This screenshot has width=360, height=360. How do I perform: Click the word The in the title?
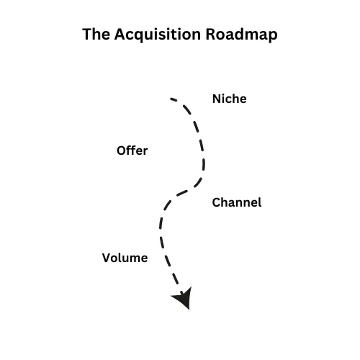tap(96, 34)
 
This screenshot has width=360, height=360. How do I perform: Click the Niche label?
tap(230, 99)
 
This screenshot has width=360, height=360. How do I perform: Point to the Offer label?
tap(132, 150)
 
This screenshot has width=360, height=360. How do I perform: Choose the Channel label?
tap(237, 202)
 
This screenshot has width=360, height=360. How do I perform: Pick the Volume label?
tap(125, 258)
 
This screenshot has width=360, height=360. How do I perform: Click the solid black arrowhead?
tap(183, 297)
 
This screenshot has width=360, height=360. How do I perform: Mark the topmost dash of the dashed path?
tap(174, 99)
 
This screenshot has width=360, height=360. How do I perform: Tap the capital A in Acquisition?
tap(120, 34)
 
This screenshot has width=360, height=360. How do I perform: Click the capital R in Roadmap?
tap(210, 34)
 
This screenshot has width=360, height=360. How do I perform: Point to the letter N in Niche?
tap(217, 99)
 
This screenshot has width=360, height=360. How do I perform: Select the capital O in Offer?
tap(122, 150)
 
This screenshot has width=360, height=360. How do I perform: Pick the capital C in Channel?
tap(217, 202)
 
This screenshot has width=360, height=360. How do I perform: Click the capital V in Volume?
tap(107, 258)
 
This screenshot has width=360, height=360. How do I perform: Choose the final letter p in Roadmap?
tap(273, 37)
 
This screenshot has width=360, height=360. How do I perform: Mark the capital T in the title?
tap(86, 34)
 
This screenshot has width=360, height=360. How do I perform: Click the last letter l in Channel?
tap(260, 202)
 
